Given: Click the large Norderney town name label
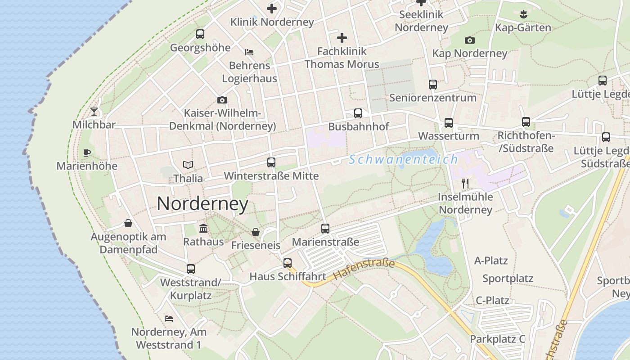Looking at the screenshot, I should pos(202,204).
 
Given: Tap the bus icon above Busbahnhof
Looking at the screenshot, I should pos(358,113).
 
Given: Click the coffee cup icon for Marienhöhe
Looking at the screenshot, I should pos(87,153).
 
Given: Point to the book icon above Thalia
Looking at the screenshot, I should pos(188,165).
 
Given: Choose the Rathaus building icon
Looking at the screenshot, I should pos(203,229).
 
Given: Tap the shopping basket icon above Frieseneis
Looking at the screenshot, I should pos(256,232).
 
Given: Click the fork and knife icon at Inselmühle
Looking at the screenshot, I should pos(465,184).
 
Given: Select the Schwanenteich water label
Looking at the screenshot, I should pos(403,159).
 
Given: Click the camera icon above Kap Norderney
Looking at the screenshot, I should pos(469,40).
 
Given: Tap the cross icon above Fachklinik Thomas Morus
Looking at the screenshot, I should pos(342,38).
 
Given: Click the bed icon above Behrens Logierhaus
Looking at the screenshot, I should pos(249,52).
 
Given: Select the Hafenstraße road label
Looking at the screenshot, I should pos(364,269).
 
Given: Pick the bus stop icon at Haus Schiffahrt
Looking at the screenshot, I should pos(288,263).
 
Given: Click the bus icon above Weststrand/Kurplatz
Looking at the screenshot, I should pos(191,269).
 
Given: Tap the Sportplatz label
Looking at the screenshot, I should pos(508,279).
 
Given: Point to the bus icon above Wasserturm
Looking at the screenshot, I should pos(449,122).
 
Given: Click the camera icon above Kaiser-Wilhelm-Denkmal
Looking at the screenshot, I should pos(222,100).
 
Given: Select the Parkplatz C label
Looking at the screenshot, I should pos(497,339).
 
